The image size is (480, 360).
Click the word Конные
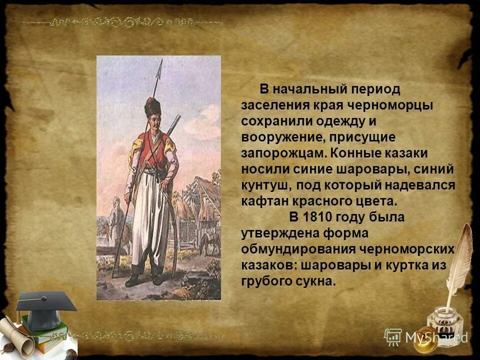[x=343, y=153]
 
